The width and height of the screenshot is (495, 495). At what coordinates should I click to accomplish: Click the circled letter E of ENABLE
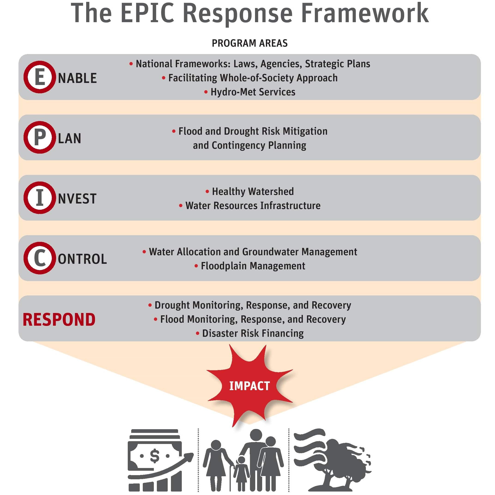coord(40,77)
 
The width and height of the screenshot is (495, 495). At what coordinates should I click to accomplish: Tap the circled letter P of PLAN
coord(40,137)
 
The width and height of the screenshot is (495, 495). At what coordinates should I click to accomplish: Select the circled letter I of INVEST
coord(40,197)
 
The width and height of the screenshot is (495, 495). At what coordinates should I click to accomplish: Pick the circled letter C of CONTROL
coord(40,258)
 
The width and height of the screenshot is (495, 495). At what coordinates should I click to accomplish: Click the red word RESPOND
coord(59,319)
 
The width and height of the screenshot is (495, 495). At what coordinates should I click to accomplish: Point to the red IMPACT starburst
coord(249,386)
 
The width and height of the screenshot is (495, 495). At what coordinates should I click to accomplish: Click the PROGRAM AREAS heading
coord(249,43)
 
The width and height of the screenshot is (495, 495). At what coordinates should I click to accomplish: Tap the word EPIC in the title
coord(147,13)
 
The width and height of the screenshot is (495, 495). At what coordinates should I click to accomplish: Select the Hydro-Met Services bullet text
coord(253,92)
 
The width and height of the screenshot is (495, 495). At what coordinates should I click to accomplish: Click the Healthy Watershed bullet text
coord(253,191)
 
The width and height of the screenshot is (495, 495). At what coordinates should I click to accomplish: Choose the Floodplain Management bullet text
coord(253,266)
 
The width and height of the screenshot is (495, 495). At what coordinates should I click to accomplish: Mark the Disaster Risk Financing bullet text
coord(253,333)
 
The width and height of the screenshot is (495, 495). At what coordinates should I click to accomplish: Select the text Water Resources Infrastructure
coord(253,206)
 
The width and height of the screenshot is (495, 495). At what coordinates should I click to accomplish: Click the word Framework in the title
coord(365,13)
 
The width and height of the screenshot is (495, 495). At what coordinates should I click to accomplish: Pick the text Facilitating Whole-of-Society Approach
coord(253,78)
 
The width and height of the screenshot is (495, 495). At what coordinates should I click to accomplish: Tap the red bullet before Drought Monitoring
coord(150,305)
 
